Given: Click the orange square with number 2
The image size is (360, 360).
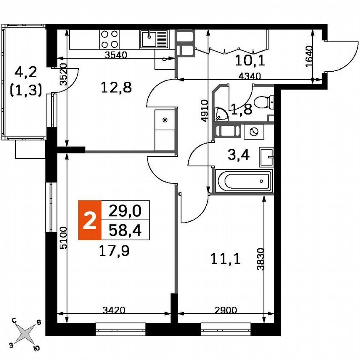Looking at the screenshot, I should (90, 220).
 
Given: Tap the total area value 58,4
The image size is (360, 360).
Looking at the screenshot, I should (125, 230).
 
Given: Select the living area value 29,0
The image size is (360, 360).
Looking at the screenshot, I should (125, 211).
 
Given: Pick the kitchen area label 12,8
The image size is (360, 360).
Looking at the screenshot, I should (117, 88).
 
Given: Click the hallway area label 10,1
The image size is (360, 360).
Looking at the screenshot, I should (250, 61).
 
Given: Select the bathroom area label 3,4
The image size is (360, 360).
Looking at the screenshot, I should (240, 156).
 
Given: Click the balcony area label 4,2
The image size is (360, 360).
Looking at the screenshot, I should (26, 73).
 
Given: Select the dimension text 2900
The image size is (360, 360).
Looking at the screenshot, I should (225, 310).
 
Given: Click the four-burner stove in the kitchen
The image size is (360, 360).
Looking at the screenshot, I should (109, 40).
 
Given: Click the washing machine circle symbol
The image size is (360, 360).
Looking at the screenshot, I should (252, 132).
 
